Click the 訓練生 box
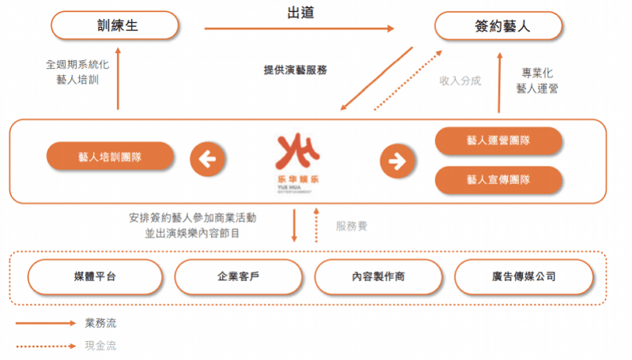pos(115,25)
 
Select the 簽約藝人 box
pos(498,26)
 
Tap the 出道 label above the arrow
pos(301,13)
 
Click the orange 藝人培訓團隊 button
pos(110,156)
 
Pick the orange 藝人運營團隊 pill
pos(498,141)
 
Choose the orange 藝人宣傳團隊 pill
pos(498,179)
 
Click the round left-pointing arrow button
pos(207,159)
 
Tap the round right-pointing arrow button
pos(397,161)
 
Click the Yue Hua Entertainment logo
pos(298,163)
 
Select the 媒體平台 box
pos(95,276)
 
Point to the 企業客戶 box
pos(239,276)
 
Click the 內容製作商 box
pos(378,276)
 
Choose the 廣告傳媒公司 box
pos(524,276)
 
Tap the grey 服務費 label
pos(352,227)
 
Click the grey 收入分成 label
pos(461,81)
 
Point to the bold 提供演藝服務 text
pos(295,70)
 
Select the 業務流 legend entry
pos(66,323)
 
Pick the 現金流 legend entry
pos(66,346)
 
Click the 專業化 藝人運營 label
pos(537,81)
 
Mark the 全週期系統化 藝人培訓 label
pos(77,72)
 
